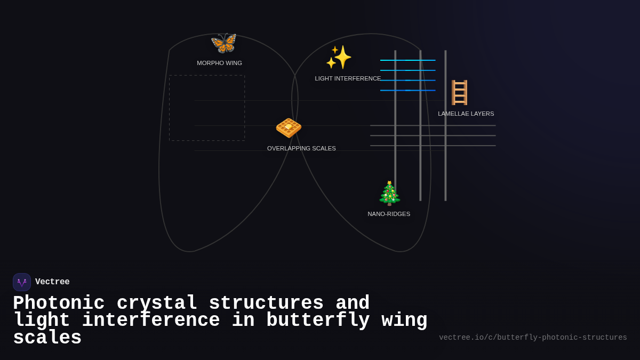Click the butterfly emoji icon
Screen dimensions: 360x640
[223, 43]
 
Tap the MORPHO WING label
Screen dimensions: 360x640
[219, 63]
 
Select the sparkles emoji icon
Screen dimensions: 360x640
[339, 58]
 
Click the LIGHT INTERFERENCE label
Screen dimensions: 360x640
[348, 78]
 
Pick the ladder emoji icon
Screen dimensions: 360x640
[459, 92]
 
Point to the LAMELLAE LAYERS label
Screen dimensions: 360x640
[466, 114]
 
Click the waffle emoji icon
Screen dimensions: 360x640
[289, 128]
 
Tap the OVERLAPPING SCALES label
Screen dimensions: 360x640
[301, 148]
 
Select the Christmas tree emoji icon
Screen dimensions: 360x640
[389, 193]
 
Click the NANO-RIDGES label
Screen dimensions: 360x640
[389, 214]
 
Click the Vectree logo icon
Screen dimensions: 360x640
[22, 282]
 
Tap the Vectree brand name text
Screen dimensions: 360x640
[52, 282]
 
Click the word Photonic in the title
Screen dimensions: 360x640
[59, 303]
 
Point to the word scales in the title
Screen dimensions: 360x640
[47, 338]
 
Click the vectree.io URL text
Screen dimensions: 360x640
[533, 338]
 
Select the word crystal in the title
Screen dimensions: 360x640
[157, 303]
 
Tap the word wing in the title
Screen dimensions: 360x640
[404, 321]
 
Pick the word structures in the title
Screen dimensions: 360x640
[266, 303]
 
